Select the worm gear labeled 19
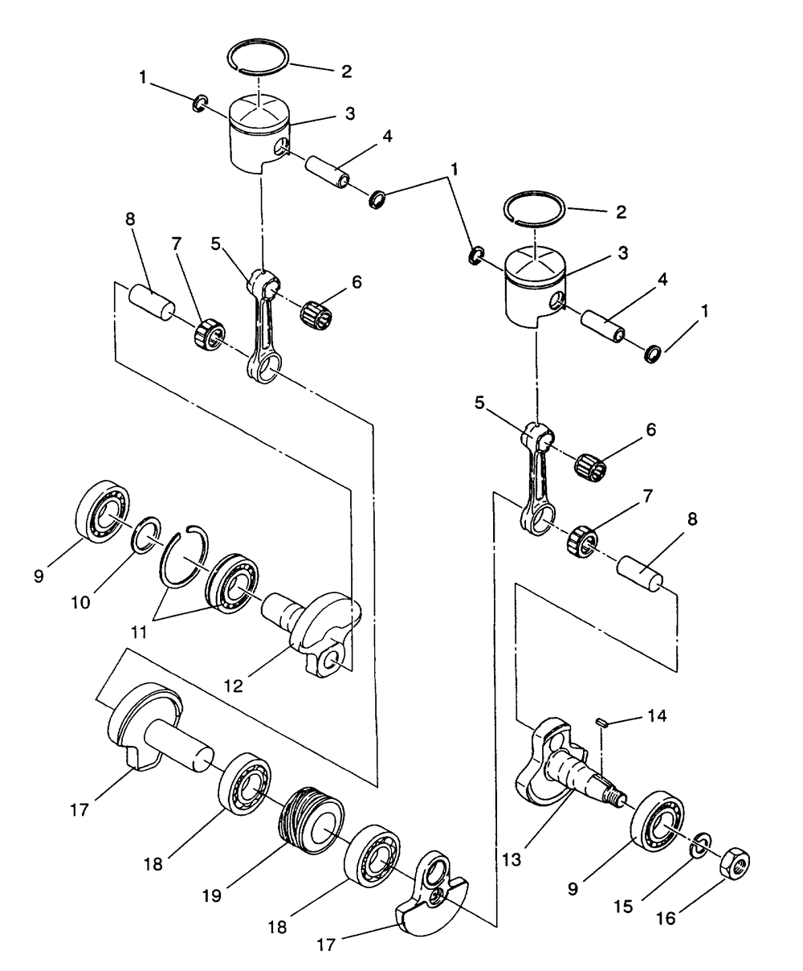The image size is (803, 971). pyautogui.click(x=312, y=821)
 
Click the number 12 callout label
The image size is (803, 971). pyautogui.click(x=234, y=686)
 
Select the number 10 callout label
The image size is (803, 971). pyautogui.click(x=80, y=603)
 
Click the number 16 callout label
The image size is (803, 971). pyautogui.click(x=666, y=919)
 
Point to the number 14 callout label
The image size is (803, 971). pyautogui.click(x=657, y=715)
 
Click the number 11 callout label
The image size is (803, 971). pyautogui.click(x=138, y=633)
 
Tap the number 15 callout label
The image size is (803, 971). pyautogui.click(x=623, y=907)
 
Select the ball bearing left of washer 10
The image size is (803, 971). pyautogui.click(x=102, y=511)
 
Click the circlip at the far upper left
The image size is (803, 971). pyautogui.click(x=200, y=104)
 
